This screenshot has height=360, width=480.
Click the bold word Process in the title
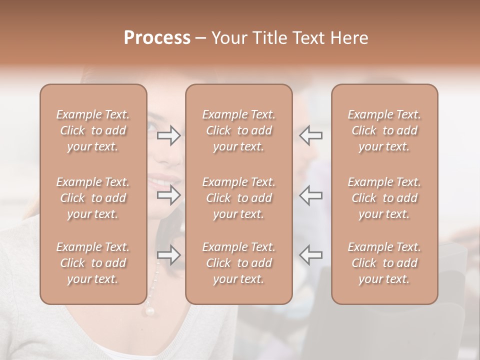(157, 38)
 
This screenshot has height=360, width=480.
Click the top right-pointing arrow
(169, 135)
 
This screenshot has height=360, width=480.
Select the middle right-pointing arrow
(169, 195)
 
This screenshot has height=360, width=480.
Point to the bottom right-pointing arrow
(169, 255)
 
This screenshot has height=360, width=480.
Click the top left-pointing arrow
(310, 135)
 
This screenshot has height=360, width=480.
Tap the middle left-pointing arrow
(310, 195)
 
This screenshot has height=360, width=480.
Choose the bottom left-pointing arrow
(310, 255)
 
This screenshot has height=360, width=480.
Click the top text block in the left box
(93, 130)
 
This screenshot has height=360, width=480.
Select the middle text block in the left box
(93, 198)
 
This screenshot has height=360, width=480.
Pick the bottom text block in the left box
(93, 263)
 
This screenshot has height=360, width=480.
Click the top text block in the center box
(239, 130)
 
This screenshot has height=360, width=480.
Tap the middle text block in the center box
(239, 198)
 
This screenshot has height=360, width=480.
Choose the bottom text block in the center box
(239, 263)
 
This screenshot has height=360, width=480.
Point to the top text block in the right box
(384, 130)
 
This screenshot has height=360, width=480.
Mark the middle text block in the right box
(384, 198)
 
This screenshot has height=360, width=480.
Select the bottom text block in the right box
(384, 263)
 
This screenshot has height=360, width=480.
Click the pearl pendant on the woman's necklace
(149, 311)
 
